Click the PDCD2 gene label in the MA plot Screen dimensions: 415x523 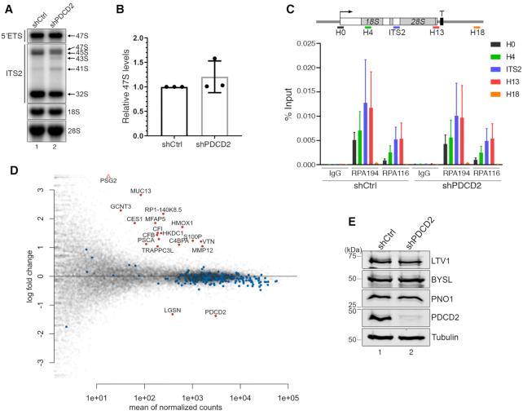[x=216, y=311]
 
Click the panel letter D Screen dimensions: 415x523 [x=11, y=171]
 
